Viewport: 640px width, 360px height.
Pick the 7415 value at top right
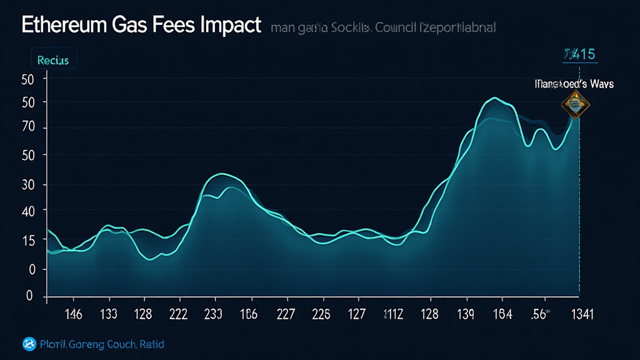[x=581, y=54]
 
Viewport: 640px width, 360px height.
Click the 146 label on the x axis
[x=72, y=314]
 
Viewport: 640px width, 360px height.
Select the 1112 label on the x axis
[x=392, y=314]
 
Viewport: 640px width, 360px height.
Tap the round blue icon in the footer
[x=29, y=343]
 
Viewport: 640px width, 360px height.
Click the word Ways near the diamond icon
[x=600, y=84]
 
